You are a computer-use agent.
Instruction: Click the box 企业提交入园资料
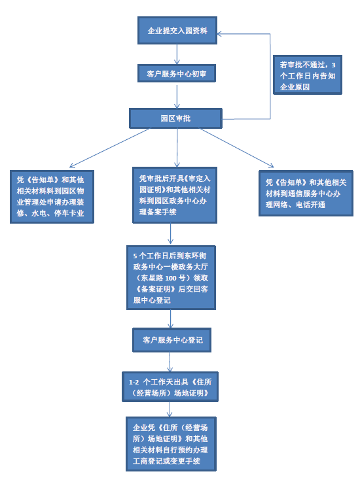[x=177, y=31]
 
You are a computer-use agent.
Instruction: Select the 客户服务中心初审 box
[x=177, y=73]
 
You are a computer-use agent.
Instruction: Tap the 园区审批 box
[x=175, y=118]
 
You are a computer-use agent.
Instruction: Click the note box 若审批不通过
[x=308, y=75]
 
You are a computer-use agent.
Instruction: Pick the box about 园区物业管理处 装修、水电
[x=52, y=197]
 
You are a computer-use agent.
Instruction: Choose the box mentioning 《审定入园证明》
[x=175, y=195]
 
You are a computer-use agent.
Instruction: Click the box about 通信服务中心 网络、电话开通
[x=306, y=194]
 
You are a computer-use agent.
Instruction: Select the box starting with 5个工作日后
[x=171, y=278]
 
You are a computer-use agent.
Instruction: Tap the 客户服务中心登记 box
[x=171, y=340]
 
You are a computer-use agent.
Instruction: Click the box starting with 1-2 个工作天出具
[x=170, y=387]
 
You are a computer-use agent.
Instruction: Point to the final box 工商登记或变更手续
[x=171, y=444]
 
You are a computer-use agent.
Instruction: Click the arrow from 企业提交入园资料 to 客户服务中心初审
[x=177, y=54]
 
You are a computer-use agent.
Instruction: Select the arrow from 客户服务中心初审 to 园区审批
[x=177, y=96]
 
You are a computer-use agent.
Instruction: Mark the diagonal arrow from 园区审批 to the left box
[x=110, y=148]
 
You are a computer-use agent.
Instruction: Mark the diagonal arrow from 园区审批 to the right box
[x=236, y=148]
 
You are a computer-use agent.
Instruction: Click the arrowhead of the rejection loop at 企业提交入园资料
[x=219, y=34]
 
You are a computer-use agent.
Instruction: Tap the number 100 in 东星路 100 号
[x=171, y=278]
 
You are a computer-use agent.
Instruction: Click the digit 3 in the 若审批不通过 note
[x=333, y=65]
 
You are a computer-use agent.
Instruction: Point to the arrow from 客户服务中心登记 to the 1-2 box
[x=170, y=362]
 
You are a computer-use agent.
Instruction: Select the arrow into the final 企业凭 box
[x=170, y=409]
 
